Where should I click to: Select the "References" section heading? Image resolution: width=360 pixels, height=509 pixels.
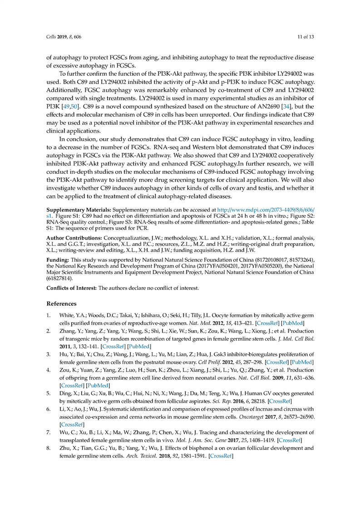[62, 303]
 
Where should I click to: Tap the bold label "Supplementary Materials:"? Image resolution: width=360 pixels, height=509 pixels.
[79, 210]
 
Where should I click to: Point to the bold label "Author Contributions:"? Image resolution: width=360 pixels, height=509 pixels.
[75, 237]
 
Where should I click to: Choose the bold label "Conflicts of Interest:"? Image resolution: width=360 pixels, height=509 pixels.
[72, 288]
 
